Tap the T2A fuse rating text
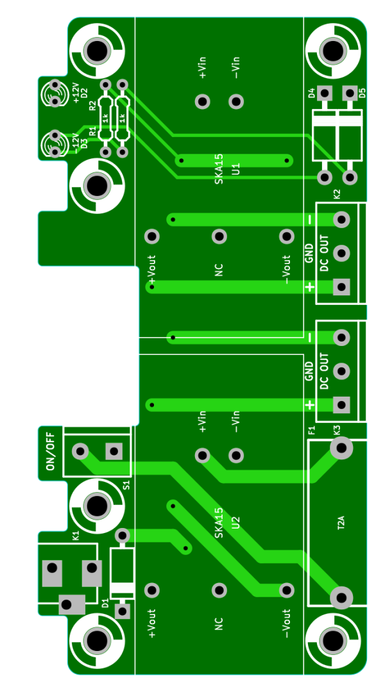tap(341, 523)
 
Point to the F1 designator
tap(311, 431)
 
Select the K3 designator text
tap(337, 431)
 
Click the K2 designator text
tap(337, 194)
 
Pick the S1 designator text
tap(126, 485)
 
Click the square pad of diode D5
tap(350, 93)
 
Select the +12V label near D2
tap(76, 93)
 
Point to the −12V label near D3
tap(76, 144)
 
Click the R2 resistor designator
tap(92, 106)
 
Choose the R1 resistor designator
tap(92, 131)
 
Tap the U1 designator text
tap(236, 169)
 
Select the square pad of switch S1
tap(114, 451)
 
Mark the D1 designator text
tap(105, 603)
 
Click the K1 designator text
tap(76, 536)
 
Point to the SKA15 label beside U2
tap(219, 523)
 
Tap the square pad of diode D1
tap(123, 611)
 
